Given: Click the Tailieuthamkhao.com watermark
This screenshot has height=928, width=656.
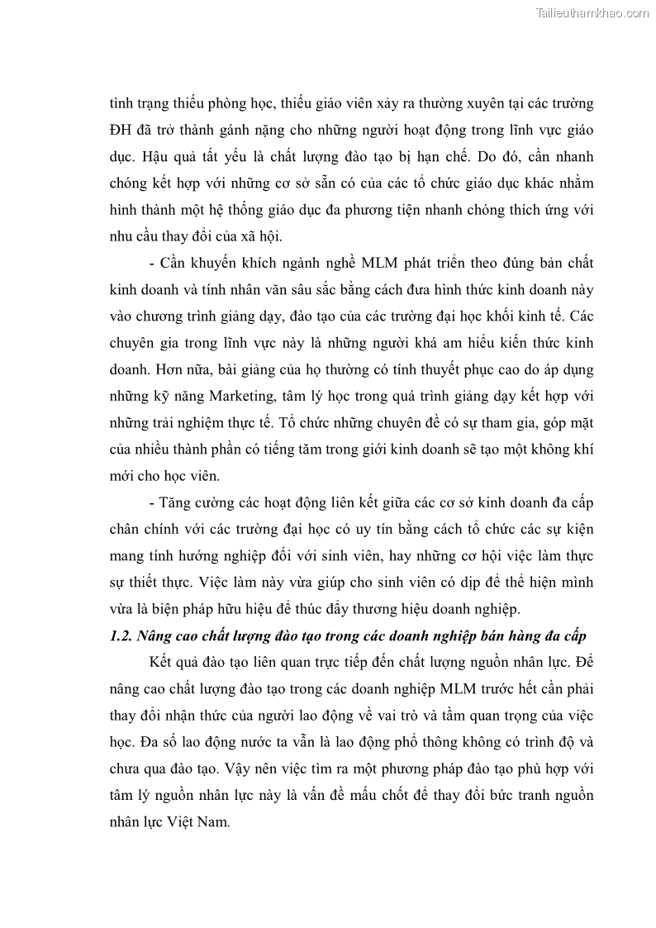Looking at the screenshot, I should click(593, 12).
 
